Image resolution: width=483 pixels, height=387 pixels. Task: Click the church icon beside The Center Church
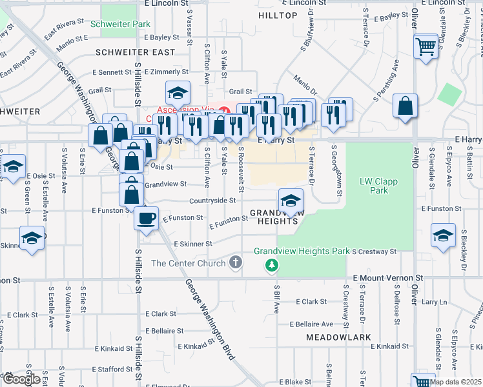(x=236, y=263)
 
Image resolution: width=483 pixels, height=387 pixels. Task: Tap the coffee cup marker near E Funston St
(x=146, y=217)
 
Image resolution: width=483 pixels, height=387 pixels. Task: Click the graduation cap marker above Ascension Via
(x=178, y=93)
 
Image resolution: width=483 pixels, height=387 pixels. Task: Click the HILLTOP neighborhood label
(x=277, y=14)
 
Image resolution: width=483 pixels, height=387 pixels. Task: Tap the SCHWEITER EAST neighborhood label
(x=135, y=52)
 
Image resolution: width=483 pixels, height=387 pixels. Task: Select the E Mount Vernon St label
(x=387, y=277)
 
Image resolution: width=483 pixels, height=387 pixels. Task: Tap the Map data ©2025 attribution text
(x=455, y=382)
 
